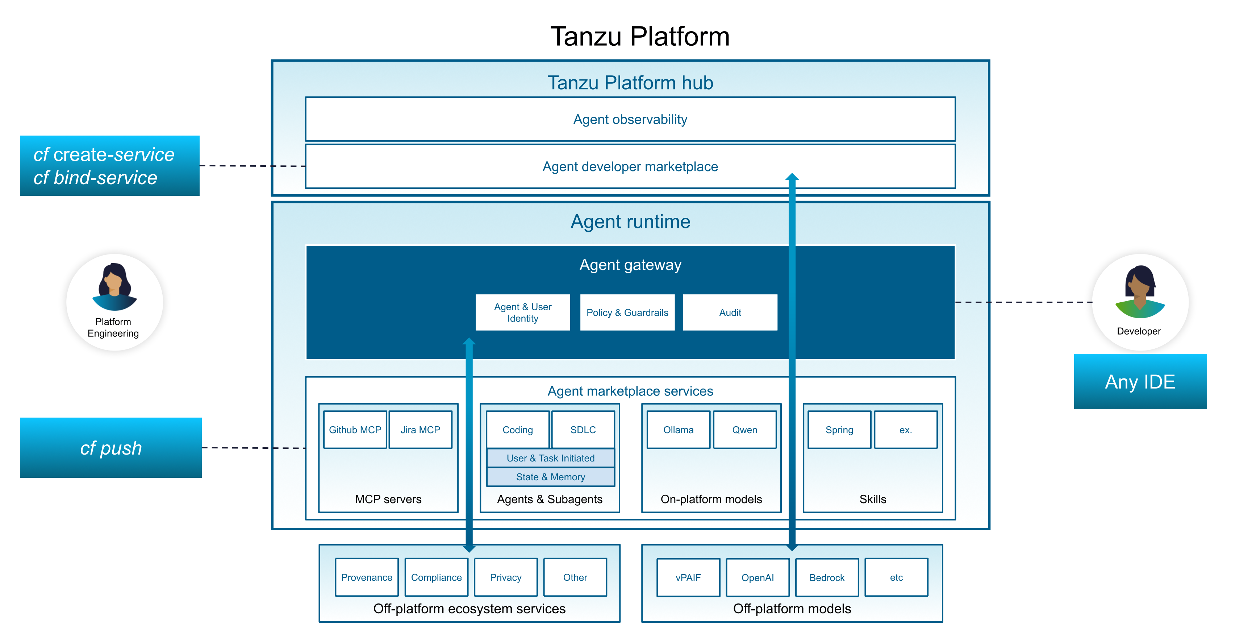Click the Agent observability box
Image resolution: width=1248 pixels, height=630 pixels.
tap(630, 119)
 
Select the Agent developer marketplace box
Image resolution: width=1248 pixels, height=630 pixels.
tap(630, 166)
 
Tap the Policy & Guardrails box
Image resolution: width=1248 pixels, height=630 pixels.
tap(627, 312)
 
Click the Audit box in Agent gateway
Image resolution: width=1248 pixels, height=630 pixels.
tap(730, 312)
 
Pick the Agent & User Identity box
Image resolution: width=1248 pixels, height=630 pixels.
tap(522, 312)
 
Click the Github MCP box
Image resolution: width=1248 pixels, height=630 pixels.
tap(355, 430)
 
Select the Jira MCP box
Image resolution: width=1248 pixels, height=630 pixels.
tap(420, 430)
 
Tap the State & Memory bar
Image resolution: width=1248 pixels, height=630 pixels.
tap(550, 477)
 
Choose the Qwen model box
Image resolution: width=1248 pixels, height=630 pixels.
tap(744, 430)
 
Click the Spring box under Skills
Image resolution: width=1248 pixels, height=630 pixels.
tap(839, 430)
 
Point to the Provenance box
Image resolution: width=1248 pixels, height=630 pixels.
tap(366, 577)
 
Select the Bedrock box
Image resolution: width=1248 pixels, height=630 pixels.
tap(827, 577)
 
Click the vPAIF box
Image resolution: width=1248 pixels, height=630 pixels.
tap(688, 577)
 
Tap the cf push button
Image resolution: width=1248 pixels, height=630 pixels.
tap(110, 448)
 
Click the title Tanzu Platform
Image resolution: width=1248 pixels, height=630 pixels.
tap(639, 36)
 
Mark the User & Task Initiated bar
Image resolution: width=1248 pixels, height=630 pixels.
tap(550, 458)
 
